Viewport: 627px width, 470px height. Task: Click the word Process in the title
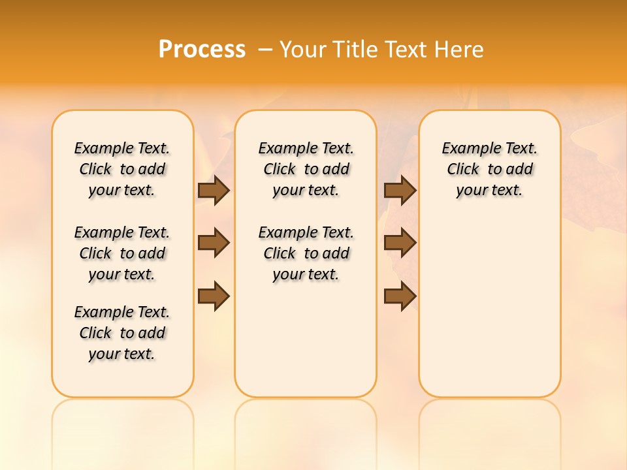click(x=202, y=49)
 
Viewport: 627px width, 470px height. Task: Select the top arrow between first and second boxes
click(x=214, y=190)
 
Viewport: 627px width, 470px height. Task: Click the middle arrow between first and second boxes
click(x=214, y=243)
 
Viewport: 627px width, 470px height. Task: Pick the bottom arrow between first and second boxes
click(x=214, y=296)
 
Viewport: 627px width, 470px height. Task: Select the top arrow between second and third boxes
click(x=400, y=190)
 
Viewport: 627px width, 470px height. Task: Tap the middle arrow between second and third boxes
click(x=400, y=243)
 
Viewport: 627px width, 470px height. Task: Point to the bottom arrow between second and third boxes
click(x=400, y=296)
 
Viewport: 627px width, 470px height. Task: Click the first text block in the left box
click(x=122, y=169)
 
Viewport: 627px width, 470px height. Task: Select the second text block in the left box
click(x=122, y=253)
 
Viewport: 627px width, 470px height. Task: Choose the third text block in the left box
click(x=122, y=333)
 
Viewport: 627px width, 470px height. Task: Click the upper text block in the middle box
click(x=306, y=169)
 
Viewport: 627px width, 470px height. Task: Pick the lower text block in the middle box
click(x=306, y=253)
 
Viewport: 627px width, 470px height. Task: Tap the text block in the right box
click(x=489, y=169)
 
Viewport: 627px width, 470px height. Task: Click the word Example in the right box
click(x=466, y=149)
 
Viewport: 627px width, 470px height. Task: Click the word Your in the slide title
click(x=302, y=49)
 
